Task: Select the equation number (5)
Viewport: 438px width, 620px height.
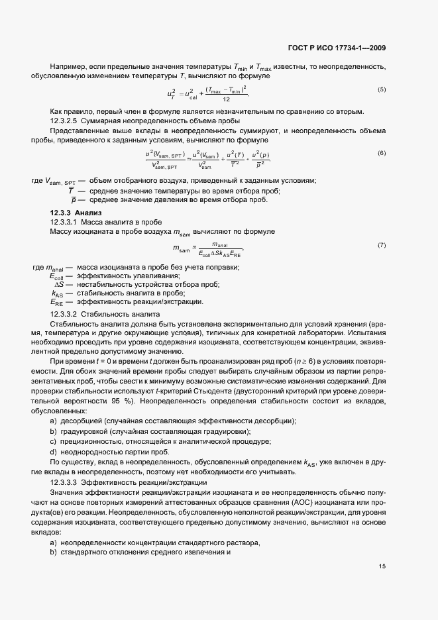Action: coord(382,89)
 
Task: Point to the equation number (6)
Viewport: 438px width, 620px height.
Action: coord(382,153)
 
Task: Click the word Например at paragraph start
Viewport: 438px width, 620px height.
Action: coord(67,68)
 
